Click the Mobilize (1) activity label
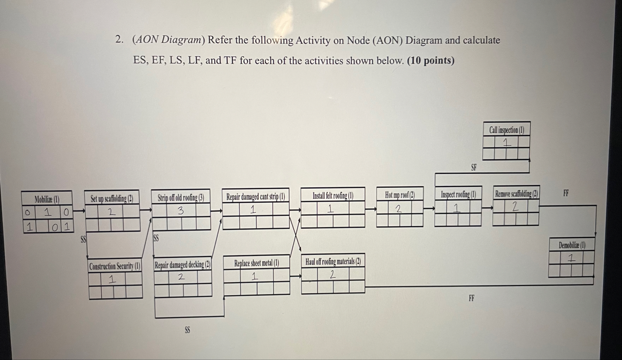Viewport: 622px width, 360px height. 47,199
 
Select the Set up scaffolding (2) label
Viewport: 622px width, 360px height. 112,198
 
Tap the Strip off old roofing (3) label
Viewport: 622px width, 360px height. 181,197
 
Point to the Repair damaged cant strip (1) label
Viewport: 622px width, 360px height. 256,197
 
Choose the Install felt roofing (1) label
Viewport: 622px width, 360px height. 333,196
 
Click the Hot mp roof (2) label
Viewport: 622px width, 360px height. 400,195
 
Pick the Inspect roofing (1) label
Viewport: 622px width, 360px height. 458,194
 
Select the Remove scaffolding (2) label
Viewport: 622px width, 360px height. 516,194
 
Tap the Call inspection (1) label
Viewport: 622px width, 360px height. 506,130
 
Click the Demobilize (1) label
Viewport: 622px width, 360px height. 572,245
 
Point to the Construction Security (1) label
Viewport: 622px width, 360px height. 115,266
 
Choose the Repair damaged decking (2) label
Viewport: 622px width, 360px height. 183,265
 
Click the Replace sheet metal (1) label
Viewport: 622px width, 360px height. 257,263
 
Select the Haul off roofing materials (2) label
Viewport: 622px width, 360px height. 333,261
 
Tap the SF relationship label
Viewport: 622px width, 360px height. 474,167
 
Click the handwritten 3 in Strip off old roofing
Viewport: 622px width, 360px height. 181,210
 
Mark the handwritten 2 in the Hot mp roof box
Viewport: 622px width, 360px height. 398,209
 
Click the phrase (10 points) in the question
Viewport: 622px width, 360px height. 431,60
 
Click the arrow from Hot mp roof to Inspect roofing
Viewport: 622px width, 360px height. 429,208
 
